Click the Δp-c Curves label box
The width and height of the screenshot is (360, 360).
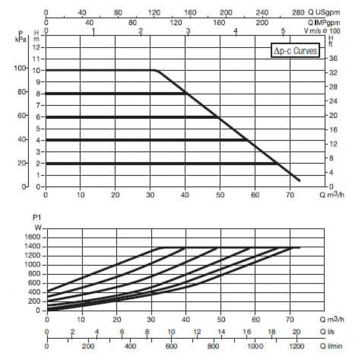click(296, 51)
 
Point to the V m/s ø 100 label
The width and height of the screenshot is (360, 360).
click(321, 30)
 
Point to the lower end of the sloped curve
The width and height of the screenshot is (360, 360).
click(299, 180)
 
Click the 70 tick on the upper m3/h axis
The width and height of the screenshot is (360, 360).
click(290, 194)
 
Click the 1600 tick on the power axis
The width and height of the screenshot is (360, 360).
click(33, 237)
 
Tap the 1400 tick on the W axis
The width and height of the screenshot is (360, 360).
click(33, 246)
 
